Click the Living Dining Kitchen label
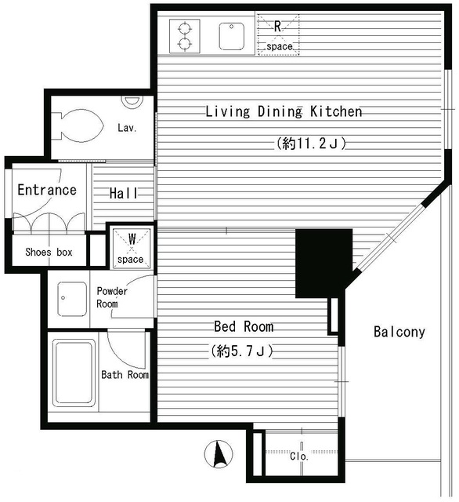tap(284, 111)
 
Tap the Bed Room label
tap(244, 326)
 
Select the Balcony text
tap(399, 332)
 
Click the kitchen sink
tap(233, 34)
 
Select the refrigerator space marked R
tap(278, 35)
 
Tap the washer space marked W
tap(131, 246)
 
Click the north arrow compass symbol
tap(220, 453)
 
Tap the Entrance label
tap(47, 190)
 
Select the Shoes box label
tap(49, 252)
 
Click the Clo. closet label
tap(298, 456)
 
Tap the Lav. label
tap(128, 128)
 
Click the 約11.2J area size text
tap(311, 144)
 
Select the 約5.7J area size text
tap(241, 351)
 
